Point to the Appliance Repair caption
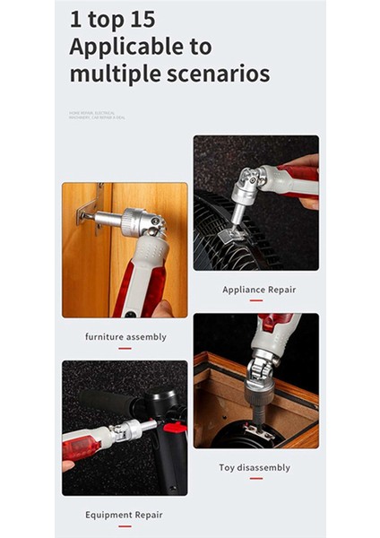258,290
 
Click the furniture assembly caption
125,337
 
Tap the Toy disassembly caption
255,467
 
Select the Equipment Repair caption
124,515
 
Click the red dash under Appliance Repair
256,300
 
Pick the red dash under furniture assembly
125,348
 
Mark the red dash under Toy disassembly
255,478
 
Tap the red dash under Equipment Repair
125,525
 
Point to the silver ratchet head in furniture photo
142,221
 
